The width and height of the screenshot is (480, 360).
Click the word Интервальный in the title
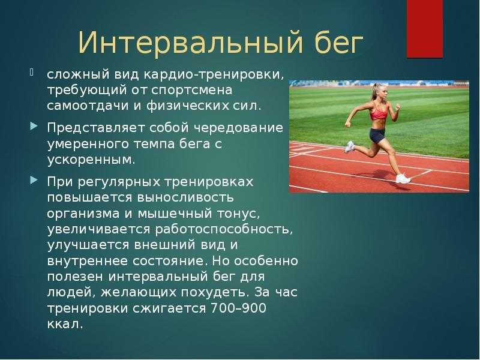190,42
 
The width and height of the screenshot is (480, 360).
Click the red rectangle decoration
425,28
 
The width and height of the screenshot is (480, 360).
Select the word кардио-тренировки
214,74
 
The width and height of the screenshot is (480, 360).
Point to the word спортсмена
192,91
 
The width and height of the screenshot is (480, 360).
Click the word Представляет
96,128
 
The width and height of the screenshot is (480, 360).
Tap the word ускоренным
91,160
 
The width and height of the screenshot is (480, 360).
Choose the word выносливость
185,197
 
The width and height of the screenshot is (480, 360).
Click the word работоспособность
224,230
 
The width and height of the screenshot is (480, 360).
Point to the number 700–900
238,308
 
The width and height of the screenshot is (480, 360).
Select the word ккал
65,324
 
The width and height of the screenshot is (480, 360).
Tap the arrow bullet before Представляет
34,126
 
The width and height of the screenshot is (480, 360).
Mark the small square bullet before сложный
32,72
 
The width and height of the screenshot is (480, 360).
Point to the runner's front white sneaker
403,178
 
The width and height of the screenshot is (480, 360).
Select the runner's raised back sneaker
349,147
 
